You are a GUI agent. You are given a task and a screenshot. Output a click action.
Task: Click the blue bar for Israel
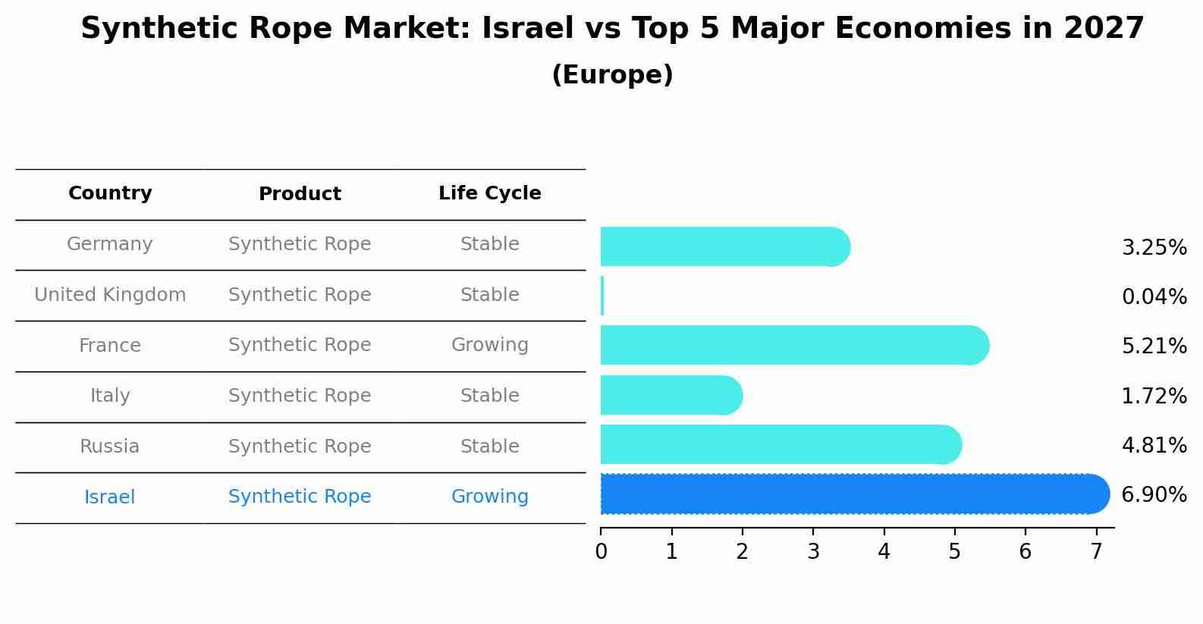pyautogui.click(x=853, y=494)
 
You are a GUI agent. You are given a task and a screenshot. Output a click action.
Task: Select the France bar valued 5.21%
pyautogui.click(x=793, y=346)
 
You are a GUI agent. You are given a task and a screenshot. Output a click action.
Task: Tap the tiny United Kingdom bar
pyautogui.click(x=602, y=296)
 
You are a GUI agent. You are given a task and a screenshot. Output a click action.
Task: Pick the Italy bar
pyautogui.click(x=671, y=395)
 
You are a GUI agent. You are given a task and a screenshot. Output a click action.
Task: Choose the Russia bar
pyautogui.click(x=780, y=444)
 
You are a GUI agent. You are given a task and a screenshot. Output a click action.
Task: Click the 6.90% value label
pyautogui.click(x=1154, y=495)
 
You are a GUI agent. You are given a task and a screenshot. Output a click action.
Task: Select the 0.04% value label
pyautogui.click(x=1154, y=296)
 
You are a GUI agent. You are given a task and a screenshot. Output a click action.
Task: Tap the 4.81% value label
pyautogui.click(x=1154, y=445)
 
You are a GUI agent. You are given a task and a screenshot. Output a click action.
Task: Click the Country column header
pyautogui.click(x=110, y=193)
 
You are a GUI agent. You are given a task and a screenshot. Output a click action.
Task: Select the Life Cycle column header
pyautogui.click(x=489, y=193)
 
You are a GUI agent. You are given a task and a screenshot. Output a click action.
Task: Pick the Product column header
pyautogui.click(x=300, y=194)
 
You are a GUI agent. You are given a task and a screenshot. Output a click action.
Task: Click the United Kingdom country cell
pyautogui.click(x=110, y=295)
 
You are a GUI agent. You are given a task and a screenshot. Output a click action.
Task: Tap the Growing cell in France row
pyautogui.click(x=489, y=345)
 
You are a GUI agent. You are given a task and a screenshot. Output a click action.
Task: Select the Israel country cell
pyautogui.click(x=110, y=497)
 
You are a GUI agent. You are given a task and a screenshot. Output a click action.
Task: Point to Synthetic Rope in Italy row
pyautogui.click(x=300, y=396)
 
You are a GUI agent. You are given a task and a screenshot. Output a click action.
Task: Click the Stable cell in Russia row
pyautogui.click(x=489, y=447)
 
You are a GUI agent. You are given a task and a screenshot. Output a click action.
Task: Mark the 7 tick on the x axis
pyautogui.click(x=1096, y=551)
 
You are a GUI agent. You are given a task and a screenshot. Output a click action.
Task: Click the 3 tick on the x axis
pyautogui.click(x=813, y=551)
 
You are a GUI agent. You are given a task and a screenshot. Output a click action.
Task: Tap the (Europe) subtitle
pyautogui.click(x=612, y=75)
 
